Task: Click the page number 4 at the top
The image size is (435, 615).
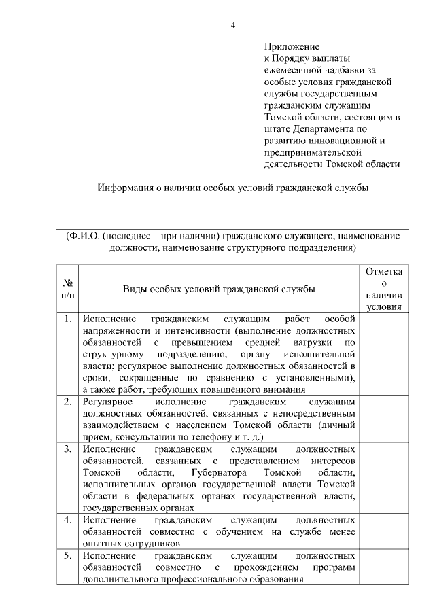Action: click(x=232, y=26)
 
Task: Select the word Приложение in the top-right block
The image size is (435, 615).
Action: click(x=292, y=47)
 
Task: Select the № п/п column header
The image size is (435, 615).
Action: click(x=68, y=289)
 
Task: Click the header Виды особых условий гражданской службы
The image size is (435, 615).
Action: click(x=218, y=289)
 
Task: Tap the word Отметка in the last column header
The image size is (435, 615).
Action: click(x=384, y=272)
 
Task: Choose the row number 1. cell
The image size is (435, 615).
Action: click(x=68, y=319)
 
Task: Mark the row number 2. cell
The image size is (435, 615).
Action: click(x=68, y=402)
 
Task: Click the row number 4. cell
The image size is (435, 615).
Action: click(x=68, y=520)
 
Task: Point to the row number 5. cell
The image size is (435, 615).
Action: click(x=68, y=555)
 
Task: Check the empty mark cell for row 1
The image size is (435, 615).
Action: click(x=384, y=353)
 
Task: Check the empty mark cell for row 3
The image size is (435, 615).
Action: click(x=384, y=478)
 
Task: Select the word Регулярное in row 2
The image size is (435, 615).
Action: click(x=106, y=402)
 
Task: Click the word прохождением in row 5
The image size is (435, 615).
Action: click(x=267, y=567)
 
